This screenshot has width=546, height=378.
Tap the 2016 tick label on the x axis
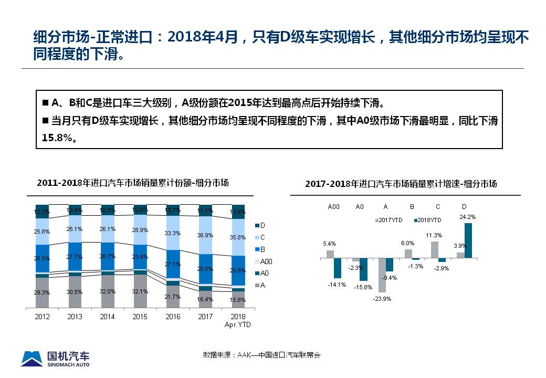tap(173, 317)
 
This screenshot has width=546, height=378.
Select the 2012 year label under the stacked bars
tap(43, 317)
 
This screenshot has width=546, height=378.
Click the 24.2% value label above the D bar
tap(467, 217)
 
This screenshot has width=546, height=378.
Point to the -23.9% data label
tap(382, 298)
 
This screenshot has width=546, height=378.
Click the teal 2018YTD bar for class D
tap(468, 240)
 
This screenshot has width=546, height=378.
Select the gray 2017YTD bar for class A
tap(382, 275)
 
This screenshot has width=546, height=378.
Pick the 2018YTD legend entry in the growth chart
tap(427, 220)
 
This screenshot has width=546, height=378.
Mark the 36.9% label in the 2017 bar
tap(205, 236)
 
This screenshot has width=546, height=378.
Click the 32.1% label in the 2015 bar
tap(140, 291)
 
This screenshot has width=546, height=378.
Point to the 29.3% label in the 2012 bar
tap(42, 292)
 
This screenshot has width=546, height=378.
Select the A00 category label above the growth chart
tap(333, 207)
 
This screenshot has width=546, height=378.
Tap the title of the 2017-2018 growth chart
tap(401, 184)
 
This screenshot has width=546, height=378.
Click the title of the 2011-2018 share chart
tap(133, 183)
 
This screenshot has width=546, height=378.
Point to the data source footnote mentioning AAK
tap(261, 355)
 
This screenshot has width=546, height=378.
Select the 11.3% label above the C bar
tap(434, 235)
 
